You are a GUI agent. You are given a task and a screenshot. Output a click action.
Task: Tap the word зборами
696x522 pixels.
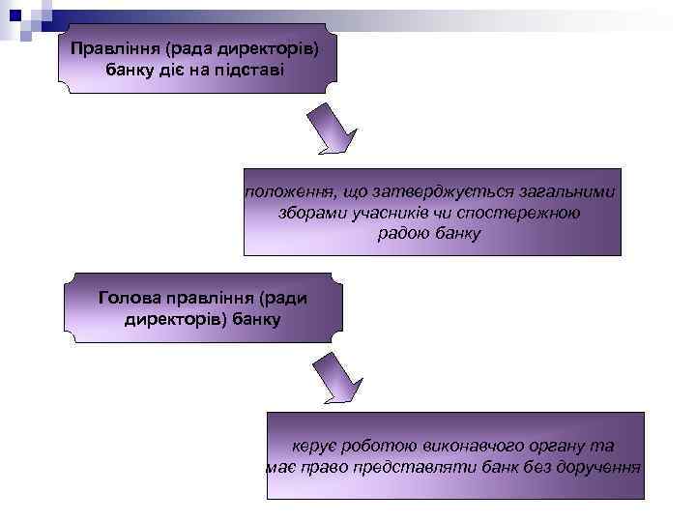[x=311, y=214]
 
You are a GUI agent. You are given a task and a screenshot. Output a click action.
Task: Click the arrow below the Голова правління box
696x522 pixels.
[x=335, y=378]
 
